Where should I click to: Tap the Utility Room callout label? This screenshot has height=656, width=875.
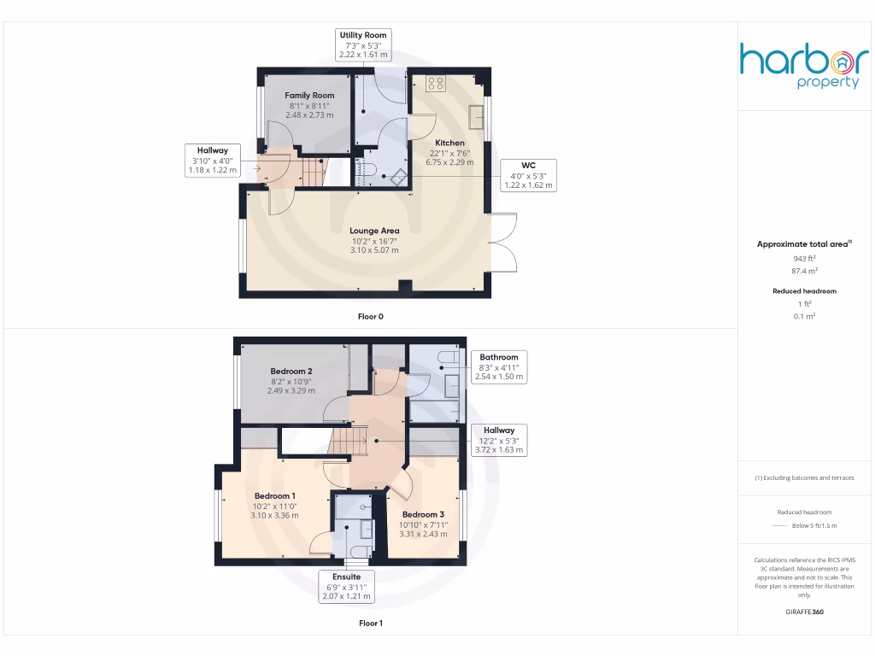(363, 45)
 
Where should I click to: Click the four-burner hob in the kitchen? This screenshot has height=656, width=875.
(436, 84)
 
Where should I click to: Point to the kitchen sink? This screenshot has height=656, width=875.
(475, 115)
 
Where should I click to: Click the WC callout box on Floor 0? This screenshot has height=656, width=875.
(528, 175)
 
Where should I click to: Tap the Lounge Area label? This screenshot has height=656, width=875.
(373, 231)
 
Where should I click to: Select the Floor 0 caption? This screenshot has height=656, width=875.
(371, 317)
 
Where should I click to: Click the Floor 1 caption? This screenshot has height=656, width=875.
(371, 624)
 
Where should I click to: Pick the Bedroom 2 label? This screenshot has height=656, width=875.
(291, 372)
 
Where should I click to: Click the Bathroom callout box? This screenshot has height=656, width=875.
(498, 366)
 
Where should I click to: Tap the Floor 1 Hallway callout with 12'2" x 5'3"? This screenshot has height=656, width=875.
(499, 440)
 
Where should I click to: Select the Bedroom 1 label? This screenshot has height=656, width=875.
(275, 496)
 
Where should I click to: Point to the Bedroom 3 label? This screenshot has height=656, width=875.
(423, 514)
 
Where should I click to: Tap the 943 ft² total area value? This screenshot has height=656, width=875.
(805, 258)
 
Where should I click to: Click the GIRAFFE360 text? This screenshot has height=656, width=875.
(804, 612)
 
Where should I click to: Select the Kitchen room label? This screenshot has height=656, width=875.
(449, 143)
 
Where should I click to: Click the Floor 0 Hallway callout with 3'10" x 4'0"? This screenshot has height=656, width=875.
(213, 160)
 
